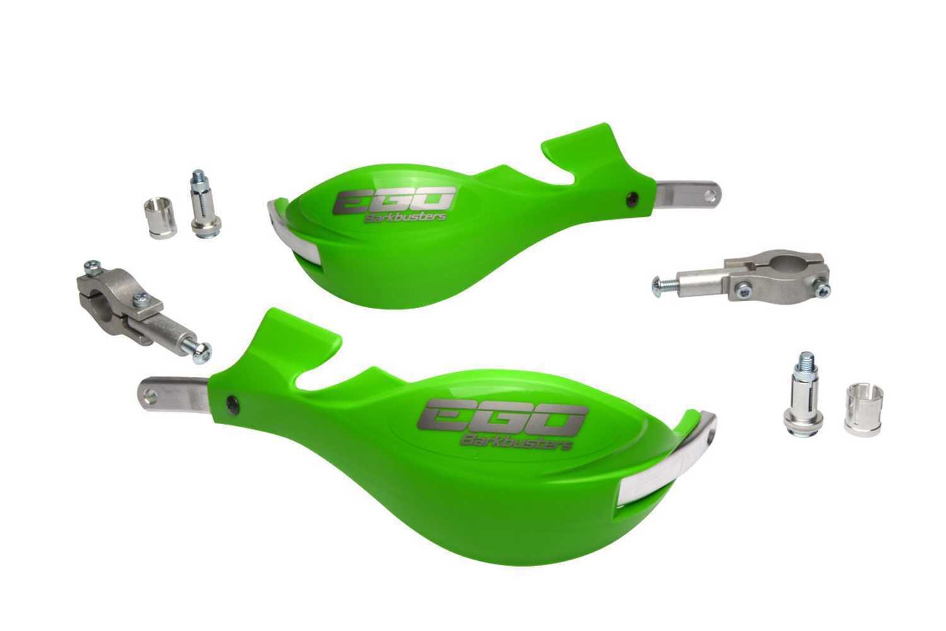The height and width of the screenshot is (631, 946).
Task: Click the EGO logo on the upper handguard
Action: pos(394,201)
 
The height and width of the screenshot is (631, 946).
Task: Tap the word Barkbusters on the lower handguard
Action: pos(517,445)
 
